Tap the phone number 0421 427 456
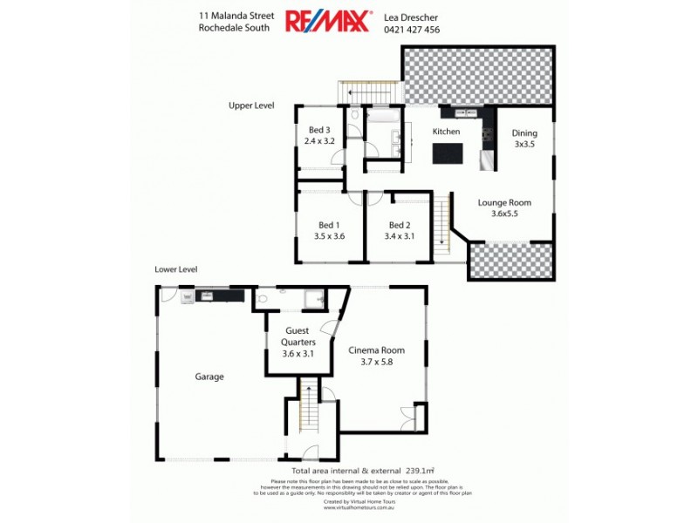tap(412, 29)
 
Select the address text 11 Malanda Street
tap(237, 15)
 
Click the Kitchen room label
tap(447, 132)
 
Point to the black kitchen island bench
tap(450, 153)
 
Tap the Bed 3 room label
tap(319, 130)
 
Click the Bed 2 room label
tap(400, 224)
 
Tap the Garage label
tap(209, 377)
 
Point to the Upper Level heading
tap(251, 105)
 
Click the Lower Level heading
tap(176, 269)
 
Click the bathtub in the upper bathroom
tap(382, 114)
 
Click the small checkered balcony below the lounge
tap(511, 260)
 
